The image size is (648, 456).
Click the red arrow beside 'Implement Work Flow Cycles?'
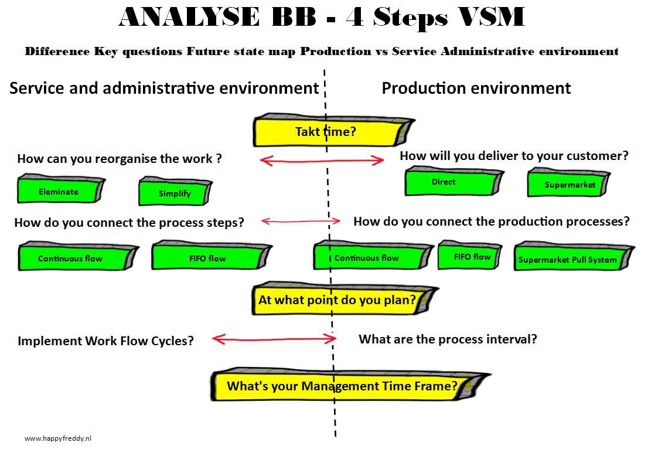click(x=274, y=339)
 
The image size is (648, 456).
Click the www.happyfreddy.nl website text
click(x=58, y=438)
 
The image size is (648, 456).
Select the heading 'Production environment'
click(x=476, y=89)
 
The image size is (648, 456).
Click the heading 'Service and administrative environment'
click(x=164, y=89)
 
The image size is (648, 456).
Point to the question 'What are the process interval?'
click(x=447, y=339)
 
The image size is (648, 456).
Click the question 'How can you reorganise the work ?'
click(x=120, y=159)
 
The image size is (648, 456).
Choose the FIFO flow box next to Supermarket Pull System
click(x=472, y=256)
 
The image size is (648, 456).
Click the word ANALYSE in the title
click(x=189, y=18)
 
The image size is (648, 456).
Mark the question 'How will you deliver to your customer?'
click(x=513, y=156)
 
